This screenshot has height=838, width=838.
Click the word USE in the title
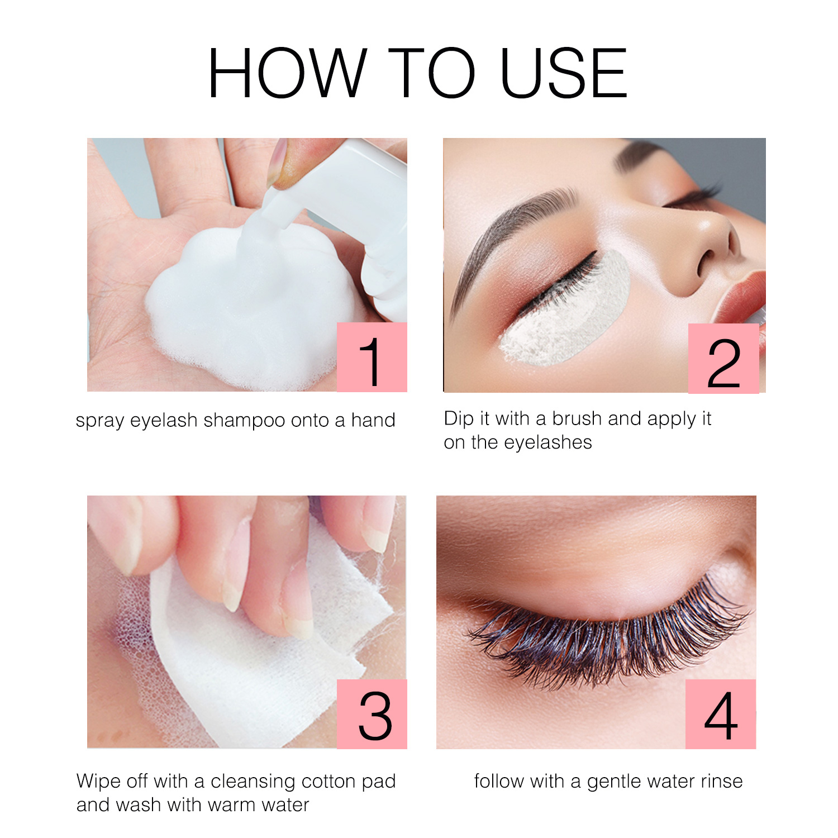(x=564, y=73)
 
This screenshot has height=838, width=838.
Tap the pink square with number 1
(x=372, y=357)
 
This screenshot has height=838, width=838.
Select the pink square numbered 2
(x=723, y=359)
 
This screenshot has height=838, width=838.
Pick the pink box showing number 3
(x=372, y=714)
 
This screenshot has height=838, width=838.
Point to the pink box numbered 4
(x=721, y=714)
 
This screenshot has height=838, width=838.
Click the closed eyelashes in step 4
(x=609, y=637)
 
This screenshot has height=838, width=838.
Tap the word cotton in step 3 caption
(x=328, y=781)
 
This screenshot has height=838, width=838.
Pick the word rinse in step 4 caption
(x=723, y=781)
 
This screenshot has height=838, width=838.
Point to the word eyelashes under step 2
(x=548, y=442)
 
